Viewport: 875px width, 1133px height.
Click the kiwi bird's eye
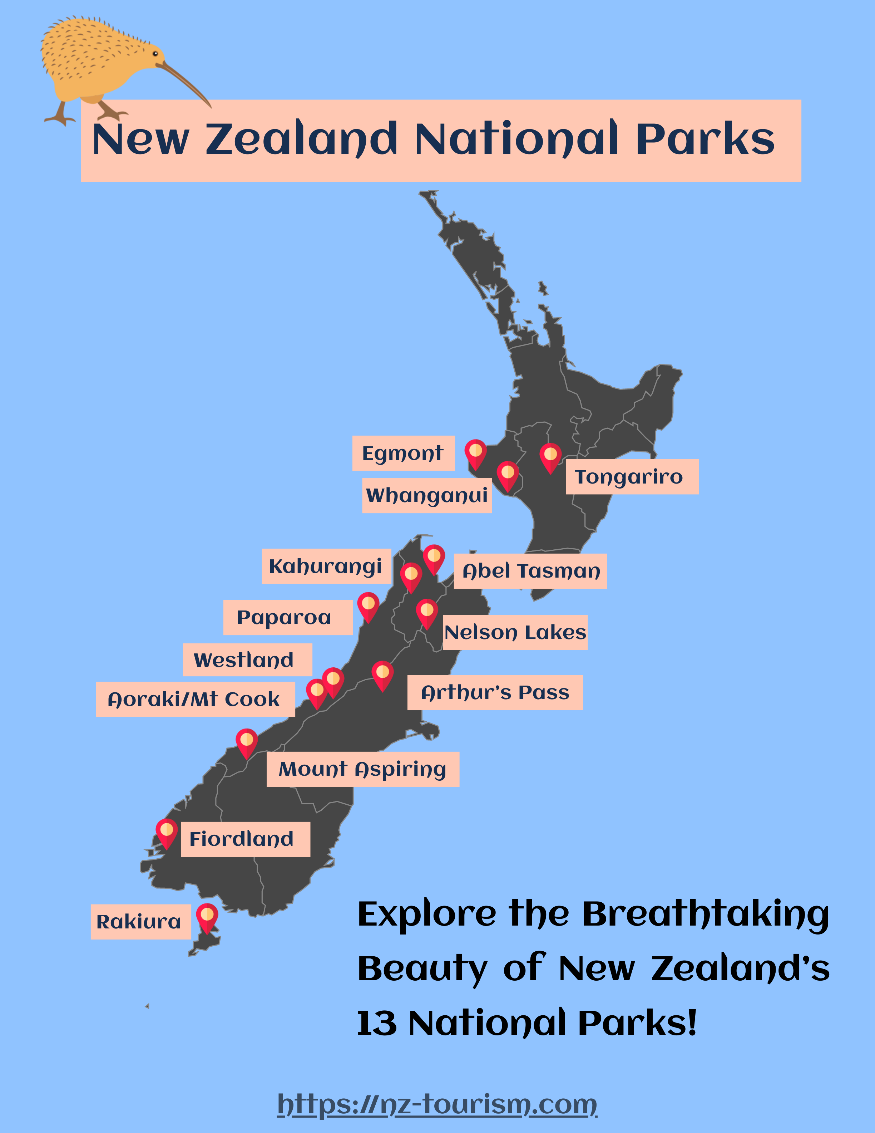pyautogui.click(x=155, y=53)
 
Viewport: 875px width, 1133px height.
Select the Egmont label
pyautogui.click(x=403, y=453)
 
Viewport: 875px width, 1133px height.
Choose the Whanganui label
pyautogui.click(x=427, y=495)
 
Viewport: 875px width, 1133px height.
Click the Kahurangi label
pyautogui.click(x=326, y=566)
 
